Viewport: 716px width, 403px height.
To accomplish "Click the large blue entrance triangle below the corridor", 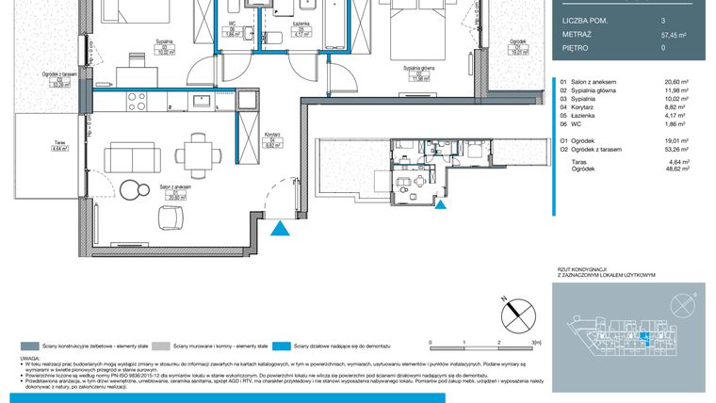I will (279, 228).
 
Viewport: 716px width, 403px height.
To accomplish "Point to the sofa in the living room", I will (123, 156).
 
